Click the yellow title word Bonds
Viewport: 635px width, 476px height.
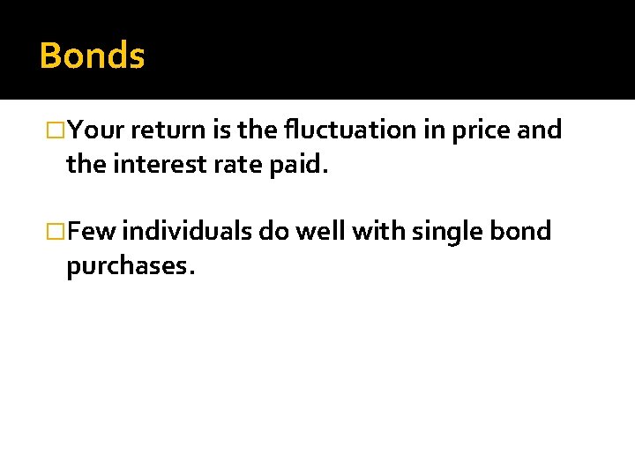[x=92, y=56]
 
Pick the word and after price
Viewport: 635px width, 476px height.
[x=539, y=130]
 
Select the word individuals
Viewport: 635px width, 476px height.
[x=187, y=232]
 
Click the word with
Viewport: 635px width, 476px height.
[x=377, y=232]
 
